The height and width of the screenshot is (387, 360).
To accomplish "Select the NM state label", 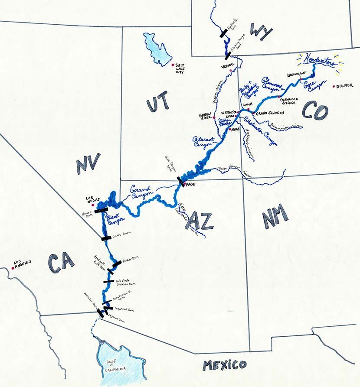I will point(275,215).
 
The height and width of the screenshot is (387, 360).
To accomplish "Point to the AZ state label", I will point(199,221).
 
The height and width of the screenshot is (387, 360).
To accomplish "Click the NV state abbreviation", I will point(88,164).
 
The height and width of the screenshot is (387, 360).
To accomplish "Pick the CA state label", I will point(61,263).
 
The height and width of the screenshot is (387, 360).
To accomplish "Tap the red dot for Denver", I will point(334,86).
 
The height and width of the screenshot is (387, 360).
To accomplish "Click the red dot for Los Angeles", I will point(13,268).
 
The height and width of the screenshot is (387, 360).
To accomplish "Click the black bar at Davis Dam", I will point(106,238).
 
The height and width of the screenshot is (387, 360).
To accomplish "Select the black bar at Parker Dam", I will point(117,263).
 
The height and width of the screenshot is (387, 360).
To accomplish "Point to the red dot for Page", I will point(184,185).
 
